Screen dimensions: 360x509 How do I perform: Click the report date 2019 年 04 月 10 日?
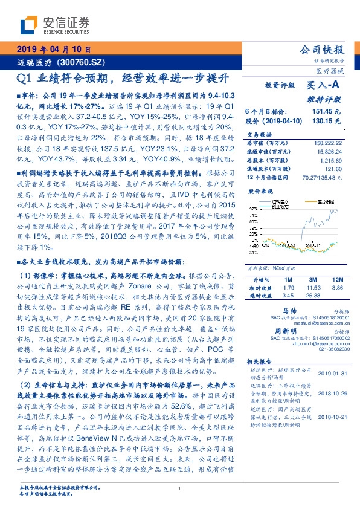pyautogui.click(x=53, y=49)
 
